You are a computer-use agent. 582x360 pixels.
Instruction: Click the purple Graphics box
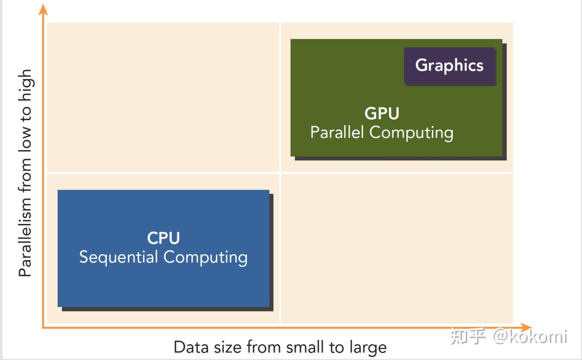pyautogui.click(x=449, y=66)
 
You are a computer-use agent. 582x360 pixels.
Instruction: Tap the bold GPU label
pyautogui.click(x=382, y=114)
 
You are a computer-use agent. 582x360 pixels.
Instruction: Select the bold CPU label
pyautogui.click(x=163, y=238)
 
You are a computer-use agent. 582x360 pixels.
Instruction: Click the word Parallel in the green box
pyautogui.click(x=337, y=132)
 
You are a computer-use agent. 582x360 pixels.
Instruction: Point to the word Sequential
pyautogui.click(x=118, y=257)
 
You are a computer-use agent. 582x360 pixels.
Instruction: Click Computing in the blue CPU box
pyautogui.click(x=205, y=257)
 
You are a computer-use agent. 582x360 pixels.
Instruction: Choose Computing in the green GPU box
pyautogui.click(x=411, y=133)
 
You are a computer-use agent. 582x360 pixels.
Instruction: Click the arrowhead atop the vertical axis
pyautogui.click(x=43, y=9)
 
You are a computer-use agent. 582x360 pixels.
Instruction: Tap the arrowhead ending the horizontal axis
pyautogui.click(x=526, y=327)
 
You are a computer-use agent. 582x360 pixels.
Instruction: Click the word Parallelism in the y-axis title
pyautogui.click(x=25, y=237)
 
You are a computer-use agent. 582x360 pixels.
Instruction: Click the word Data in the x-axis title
pyautogui.click(x=187, y=347)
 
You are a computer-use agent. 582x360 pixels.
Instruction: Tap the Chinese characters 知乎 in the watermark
pyautogui.click(x=468, y=337)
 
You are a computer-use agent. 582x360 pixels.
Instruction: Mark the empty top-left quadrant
pyautogui.click(x=163, y=97)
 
